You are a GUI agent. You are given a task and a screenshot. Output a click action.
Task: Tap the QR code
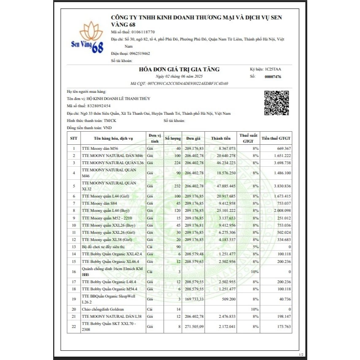(273, 103)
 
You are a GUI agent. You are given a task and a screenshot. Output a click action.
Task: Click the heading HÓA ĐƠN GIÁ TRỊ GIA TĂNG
(179, 69)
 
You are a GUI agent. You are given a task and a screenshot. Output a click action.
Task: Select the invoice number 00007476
(272, 77)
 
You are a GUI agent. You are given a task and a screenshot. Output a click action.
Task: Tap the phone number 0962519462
(137, 54)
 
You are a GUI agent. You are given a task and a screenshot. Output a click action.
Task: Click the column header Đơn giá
(194, 138)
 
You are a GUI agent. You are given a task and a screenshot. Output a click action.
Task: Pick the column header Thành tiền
(221, 138)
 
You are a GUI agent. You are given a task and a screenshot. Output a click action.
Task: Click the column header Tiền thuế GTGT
(276, 138)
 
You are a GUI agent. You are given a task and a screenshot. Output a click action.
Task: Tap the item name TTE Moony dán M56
(100, 149)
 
